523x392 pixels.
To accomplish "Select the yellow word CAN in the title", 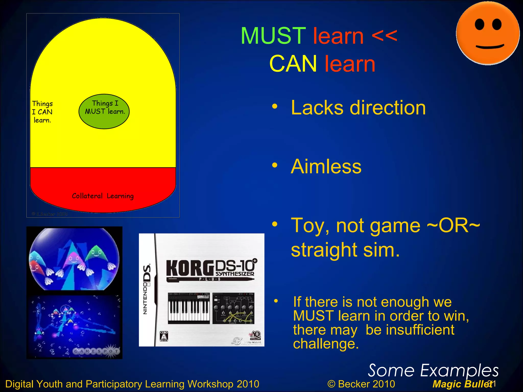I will coord(293,64).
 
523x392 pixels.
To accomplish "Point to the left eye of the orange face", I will coord(479,25).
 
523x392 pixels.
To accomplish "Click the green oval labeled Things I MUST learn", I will coord(104,112).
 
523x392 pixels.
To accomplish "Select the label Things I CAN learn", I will coord(42,112).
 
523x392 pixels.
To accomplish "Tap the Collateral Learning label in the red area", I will coord(103,196).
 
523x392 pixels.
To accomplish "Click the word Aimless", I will coord(326,166).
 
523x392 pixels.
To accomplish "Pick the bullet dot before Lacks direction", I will coord(275,106).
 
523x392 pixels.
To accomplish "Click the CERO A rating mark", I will coord(164,336).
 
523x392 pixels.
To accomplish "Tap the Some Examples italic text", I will coord(433,371).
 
